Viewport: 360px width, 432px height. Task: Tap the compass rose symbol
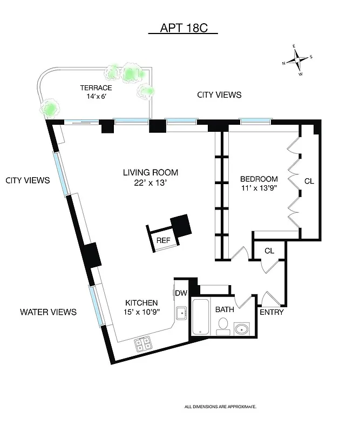pos(297,62)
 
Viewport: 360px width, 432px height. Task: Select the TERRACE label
pos(96,88)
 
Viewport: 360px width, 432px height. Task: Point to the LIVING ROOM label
pos(150,173)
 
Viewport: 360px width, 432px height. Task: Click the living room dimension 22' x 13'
pos(150,183)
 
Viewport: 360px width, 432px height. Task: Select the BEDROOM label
pos(259,179)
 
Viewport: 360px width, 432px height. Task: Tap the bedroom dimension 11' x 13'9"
pos(259,189)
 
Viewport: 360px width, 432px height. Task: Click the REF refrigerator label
pos(163,240)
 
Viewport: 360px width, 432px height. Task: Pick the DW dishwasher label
pos(181,293)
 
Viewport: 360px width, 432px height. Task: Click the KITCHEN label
pos(141,303)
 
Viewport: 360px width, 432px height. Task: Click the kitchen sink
pos(181,312)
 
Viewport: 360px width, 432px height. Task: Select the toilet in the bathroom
pos(222,324)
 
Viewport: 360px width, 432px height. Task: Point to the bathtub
pos(200,317)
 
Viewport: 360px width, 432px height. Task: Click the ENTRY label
pos(271,312)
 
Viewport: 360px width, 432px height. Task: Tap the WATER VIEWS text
pos(48,312)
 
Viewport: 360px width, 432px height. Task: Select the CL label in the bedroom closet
pos(309,181)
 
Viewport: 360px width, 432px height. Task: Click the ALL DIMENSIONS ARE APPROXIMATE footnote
pos(220,406)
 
